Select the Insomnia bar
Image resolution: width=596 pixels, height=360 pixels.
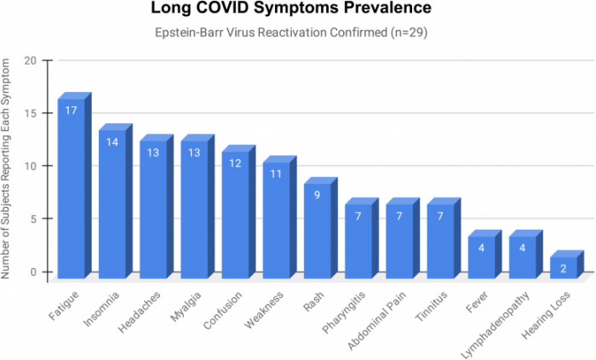112,204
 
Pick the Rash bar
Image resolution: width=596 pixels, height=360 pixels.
318,231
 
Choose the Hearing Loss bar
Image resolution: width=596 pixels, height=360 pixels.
564,267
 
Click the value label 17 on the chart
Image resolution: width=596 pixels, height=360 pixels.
72,110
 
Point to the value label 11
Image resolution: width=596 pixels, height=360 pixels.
277,174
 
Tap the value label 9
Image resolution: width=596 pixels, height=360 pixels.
318,194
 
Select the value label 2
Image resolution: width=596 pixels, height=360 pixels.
564,267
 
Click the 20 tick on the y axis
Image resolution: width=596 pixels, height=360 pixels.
30,60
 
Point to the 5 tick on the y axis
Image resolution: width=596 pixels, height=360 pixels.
32,219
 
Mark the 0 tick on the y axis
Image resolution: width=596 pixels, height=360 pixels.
32,272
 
